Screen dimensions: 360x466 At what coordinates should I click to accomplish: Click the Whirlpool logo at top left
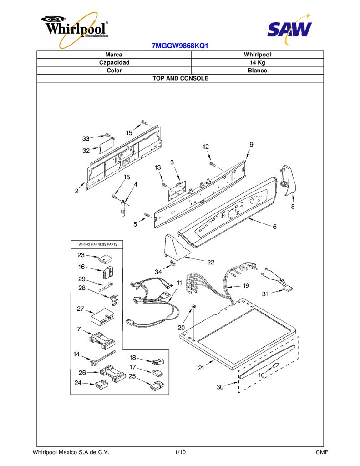pyautogui.click(x=75, y=30)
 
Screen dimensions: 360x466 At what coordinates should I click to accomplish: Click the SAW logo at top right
pyautogui.click(x=289, y=29)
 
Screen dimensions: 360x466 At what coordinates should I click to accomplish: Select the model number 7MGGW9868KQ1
pyautogui.click(x=180, y=46)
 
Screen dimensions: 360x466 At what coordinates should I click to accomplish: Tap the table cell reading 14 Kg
pyautogui.click(x=257, y=62)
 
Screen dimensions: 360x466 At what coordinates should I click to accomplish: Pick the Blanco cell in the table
pyautogui.click(x=258, y=71)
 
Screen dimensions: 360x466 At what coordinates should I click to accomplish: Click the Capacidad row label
pyautogui.click(x=114, y=62)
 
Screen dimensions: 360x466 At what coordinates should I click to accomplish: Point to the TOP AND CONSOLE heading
pyautogui.click(x=180, y=78)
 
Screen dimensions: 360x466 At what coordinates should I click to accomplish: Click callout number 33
pyautogui.click(x=86, y=138)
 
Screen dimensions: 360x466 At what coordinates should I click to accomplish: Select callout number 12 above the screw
pyautogui.click(x=206, y=147)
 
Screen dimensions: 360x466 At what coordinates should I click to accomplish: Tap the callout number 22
pyautogui.click(x=210, y=262)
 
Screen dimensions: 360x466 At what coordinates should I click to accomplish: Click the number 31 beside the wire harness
pyautogui.click(x=265, y=294)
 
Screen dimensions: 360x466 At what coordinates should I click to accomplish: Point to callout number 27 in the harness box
pyautogui.click(x=81, y=309)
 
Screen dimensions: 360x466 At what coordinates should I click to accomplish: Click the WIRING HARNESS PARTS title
pyautogui.click(x=98, y=244)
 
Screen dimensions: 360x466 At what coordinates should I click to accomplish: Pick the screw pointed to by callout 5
pyautogui.click(x=147, y=215)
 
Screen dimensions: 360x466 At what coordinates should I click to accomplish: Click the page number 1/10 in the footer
pyautogui.click(x=180, y=452)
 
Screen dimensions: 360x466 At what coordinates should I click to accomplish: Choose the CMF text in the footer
pyautogui.click(x=322, y=452)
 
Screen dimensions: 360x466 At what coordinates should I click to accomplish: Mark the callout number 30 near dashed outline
pyautogui.click(x=220, y=387)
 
